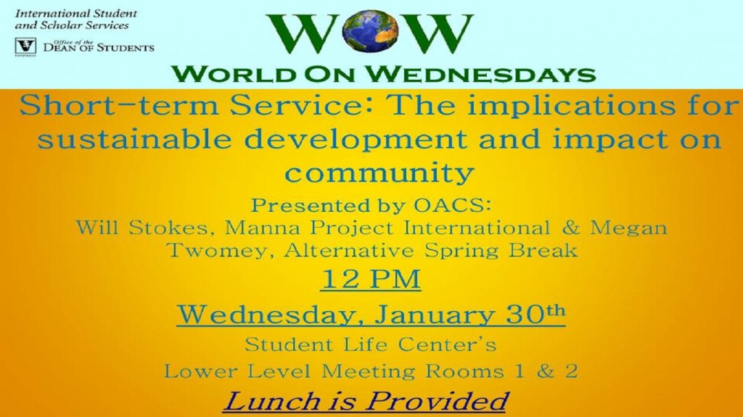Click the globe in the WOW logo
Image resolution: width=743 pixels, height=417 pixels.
pos(371,31)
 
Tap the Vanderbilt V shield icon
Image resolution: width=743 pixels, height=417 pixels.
pos(25,46)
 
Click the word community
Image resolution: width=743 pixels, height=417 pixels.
pos(379,173)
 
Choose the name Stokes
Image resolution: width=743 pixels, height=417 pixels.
pos(168,228)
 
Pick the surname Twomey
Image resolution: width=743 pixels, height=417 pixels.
pos(221,249)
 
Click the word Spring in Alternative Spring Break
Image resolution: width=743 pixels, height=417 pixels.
pos(461,250)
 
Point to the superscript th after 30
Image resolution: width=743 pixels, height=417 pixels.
pos(556,310)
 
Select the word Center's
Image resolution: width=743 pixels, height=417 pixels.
pos(447,344)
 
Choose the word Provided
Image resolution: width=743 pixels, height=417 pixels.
pos(436,402)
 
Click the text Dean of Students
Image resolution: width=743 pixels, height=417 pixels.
pos(99,47)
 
